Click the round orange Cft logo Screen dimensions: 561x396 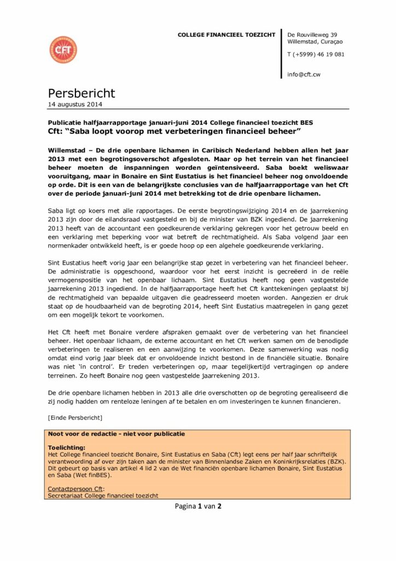63,50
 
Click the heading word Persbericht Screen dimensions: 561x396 81,93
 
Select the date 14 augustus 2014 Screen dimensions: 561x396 75,105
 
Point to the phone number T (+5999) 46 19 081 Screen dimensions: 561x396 316,54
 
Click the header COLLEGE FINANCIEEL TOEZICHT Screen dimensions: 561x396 226,35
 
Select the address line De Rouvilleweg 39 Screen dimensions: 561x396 312,35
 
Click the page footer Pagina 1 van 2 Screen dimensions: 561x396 198,506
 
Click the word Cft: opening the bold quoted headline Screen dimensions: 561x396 59,132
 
